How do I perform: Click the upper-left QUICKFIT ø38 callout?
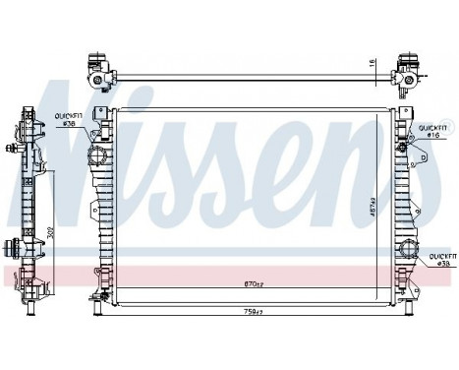coord(71,119)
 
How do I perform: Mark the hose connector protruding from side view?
coord(17,248)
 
